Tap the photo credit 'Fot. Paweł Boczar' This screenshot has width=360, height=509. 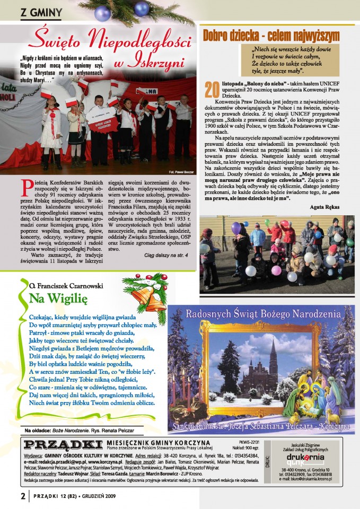[181, 172]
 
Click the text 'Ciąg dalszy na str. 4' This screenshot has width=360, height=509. [165, 255]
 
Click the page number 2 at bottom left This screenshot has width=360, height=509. [23, 496]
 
